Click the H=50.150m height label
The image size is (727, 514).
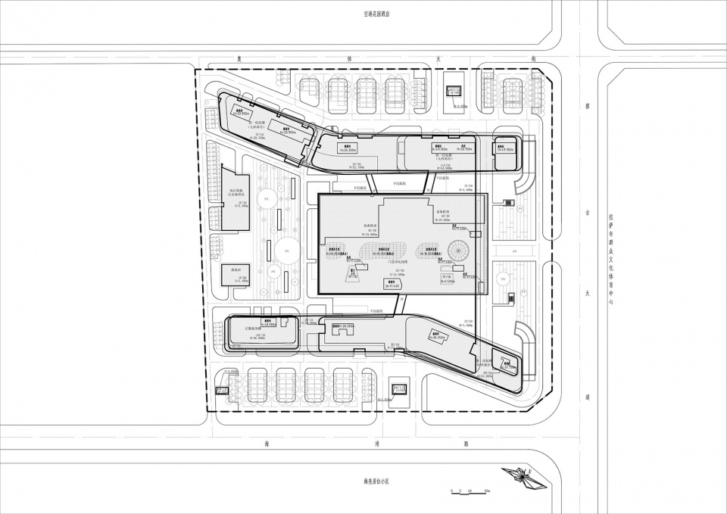point(463,149)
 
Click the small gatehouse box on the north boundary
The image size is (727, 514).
point(454,92)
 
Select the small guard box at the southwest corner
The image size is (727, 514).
point(222,391)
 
